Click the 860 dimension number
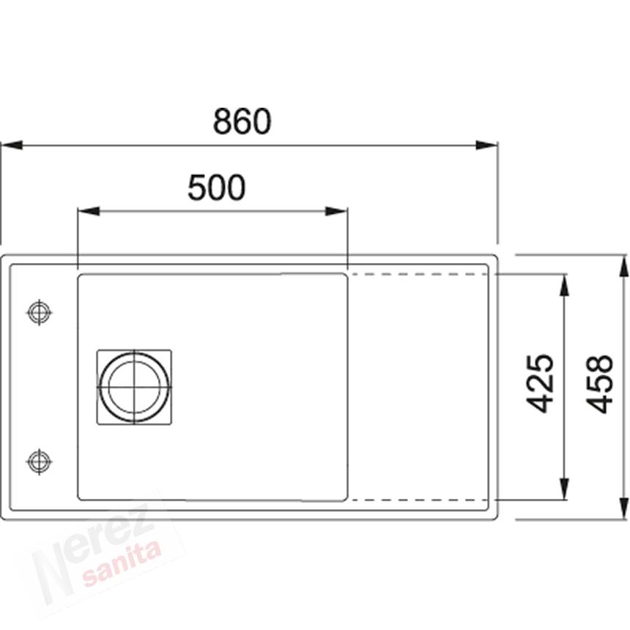(242, 121)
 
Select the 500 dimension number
(217, 188)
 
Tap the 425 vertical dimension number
(540, 384)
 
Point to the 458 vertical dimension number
(598, 384)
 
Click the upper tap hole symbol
(39, 312)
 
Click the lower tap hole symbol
(39, 462)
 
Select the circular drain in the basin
(134, 388)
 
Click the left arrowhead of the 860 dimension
(12, 145)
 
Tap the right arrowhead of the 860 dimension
(486, 145)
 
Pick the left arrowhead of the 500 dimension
(89, 211)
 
